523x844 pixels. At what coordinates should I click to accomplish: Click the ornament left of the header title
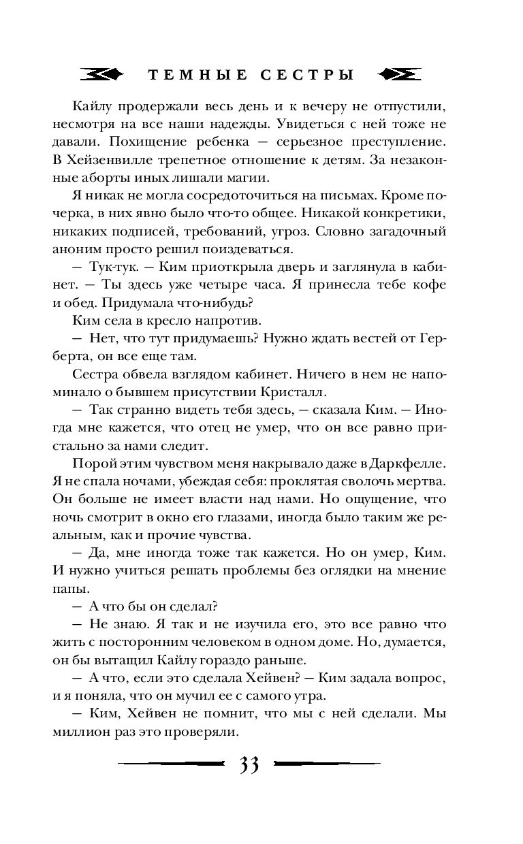101,75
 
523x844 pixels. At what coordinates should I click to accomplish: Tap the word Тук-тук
110,267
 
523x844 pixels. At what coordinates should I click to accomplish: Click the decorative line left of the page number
170,764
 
